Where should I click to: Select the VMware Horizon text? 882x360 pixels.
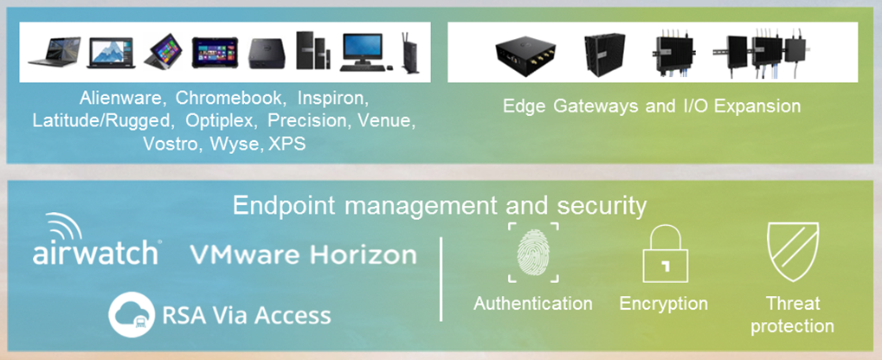[x=303, y=254]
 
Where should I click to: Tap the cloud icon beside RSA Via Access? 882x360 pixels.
[x=132, y=314]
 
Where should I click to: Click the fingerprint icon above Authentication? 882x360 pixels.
[x=533, y=253]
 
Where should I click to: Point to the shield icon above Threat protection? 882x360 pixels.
[x=793, y=252]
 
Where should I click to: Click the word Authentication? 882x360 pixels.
[x=533, y=304]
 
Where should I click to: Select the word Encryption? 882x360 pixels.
[x=664, y=304]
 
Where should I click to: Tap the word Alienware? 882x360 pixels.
[x=121, y=98]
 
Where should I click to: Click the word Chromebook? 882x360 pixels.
[x=229, y=98]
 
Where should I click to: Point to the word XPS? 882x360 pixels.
[x=286, y=143]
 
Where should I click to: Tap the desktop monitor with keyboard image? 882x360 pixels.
[x=363, y=52]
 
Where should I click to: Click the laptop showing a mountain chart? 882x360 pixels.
[x=111, y=53]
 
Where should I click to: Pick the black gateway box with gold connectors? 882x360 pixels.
[x=525, y=54]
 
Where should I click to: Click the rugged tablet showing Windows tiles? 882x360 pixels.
[x=215, y=53]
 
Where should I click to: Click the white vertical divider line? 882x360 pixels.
[x=441, y=279]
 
